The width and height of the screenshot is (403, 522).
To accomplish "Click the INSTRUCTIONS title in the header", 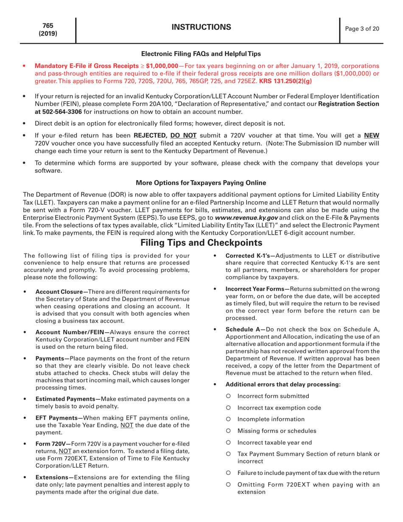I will tap(201, 28).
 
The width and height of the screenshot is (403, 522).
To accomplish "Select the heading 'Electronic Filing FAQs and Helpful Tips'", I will tap(201, 54).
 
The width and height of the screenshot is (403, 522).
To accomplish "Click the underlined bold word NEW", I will tap(372, 135).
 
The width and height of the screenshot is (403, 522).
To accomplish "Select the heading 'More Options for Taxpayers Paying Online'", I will tap(201, 183).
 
